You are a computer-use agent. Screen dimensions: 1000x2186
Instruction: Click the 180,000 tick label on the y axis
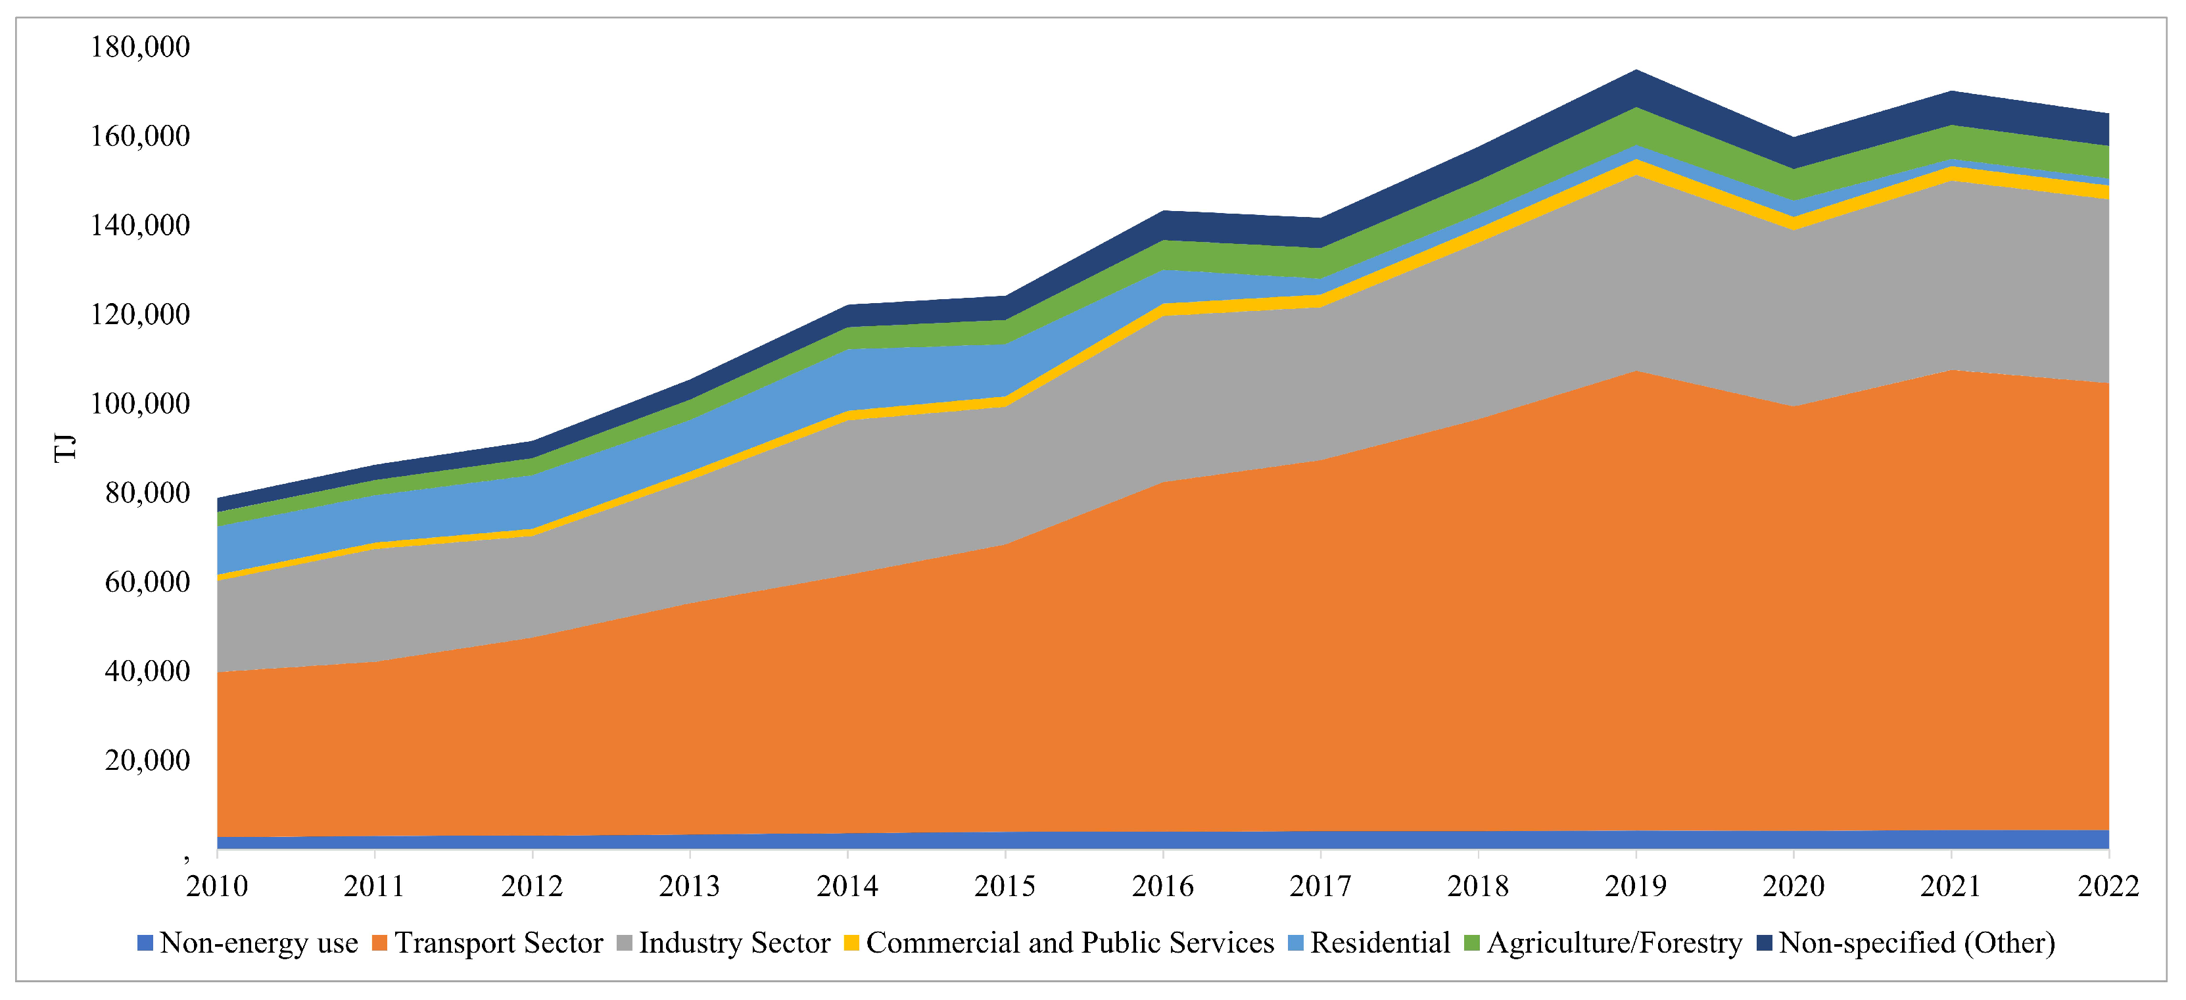tap(140, 47)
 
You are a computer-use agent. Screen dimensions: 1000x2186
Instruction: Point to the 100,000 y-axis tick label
tap(140, 403)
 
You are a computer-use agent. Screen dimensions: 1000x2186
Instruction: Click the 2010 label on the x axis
tap(217, 886)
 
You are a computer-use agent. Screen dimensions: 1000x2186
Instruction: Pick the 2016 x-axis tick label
tap(1162, 886)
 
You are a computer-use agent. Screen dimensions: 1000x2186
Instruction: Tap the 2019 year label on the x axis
tap(1635, 886)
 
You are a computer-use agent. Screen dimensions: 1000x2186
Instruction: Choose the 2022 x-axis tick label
tap(2108, 886)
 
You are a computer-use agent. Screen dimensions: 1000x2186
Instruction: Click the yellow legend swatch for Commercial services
tap(851, 943)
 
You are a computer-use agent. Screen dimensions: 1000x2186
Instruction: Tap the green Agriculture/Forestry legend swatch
tap(1472, 943)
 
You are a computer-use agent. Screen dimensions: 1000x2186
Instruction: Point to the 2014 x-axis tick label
tap(847, 886)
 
